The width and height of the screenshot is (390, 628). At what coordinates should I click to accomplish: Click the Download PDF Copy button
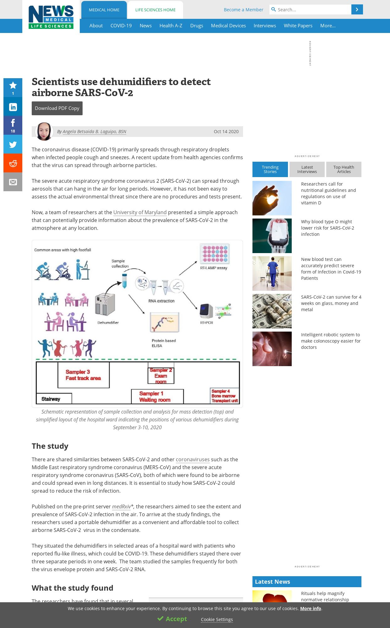tap(57, 108)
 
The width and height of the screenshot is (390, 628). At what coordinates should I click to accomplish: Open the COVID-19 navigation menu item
tap(121, 26)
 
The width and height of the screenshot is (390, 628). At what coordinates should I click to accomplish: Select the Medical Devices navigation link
tap(228, 26)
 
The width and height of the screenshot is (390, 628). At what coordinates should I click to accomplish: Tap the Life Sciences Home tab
tap(155, 10)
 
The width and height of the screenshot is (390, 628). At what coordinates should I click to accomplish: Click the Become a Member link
tap(243, 10)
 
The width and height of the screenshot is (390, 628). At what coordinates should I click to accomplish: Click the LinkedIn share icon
tap(13, 107)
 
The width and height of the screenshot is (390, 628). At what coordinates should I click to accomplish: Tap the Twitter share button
tap(13, 144)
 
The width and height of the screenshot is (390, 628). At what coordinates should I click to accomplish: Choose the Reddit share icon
tap(13, 163)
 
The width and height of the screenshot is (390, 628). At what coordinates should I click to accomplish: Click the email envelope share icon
tap(13, 182)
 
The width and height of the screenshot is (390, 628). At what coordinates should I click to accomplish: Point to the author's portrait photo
tap(44, 131)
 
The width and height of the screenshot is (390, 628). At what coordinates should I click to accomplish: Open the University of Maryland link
tap(140, 213)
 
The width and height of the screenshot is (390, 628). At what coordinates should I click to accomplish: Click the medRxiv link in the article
tap(122, 507)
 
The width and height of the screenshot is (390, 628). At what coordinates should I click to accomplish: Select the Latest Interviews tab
tap(307, 170)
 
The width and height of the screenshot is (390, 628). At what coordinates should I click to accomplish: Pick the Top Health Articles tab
tap(344, 170)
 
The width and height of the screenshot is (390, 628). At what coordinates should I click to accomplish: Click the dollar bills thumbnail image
tap(272, 311)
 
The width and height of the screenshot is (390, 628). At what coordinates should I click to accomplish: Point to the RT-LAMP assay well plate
tap(215, 254)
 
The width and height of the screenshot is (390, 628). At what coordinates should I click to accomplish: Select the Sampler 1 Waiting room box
tap(157, 397)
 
